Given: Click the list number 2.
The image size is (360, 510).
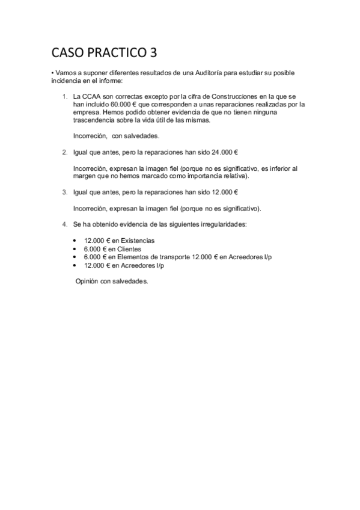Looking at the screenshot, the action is (x=64, y=153).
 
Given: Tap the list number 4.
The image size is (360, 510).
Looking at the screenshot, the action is (x=64, y=224).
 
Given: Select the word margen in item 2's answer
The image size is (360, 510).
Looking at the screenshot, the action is (x=85, y=177).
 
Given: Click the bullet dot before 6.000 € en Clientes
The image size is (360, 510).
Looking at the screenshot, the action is (x=74, y=249).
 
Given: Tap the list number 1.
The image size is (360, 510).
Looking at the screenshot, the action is (x=64, y=96).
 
